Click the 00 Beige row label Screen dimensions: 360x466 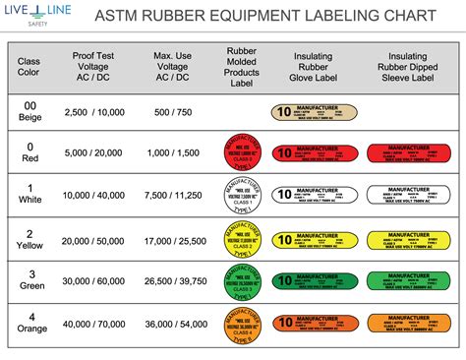[x=29, y=111]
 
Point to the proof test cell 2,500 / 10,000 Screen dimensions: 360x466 [x=96, y=114]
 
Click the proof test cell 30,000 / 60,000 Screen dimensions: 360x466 [x=96, y=280]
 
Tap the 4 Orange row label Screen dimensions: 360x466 [x=29, y=322]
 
